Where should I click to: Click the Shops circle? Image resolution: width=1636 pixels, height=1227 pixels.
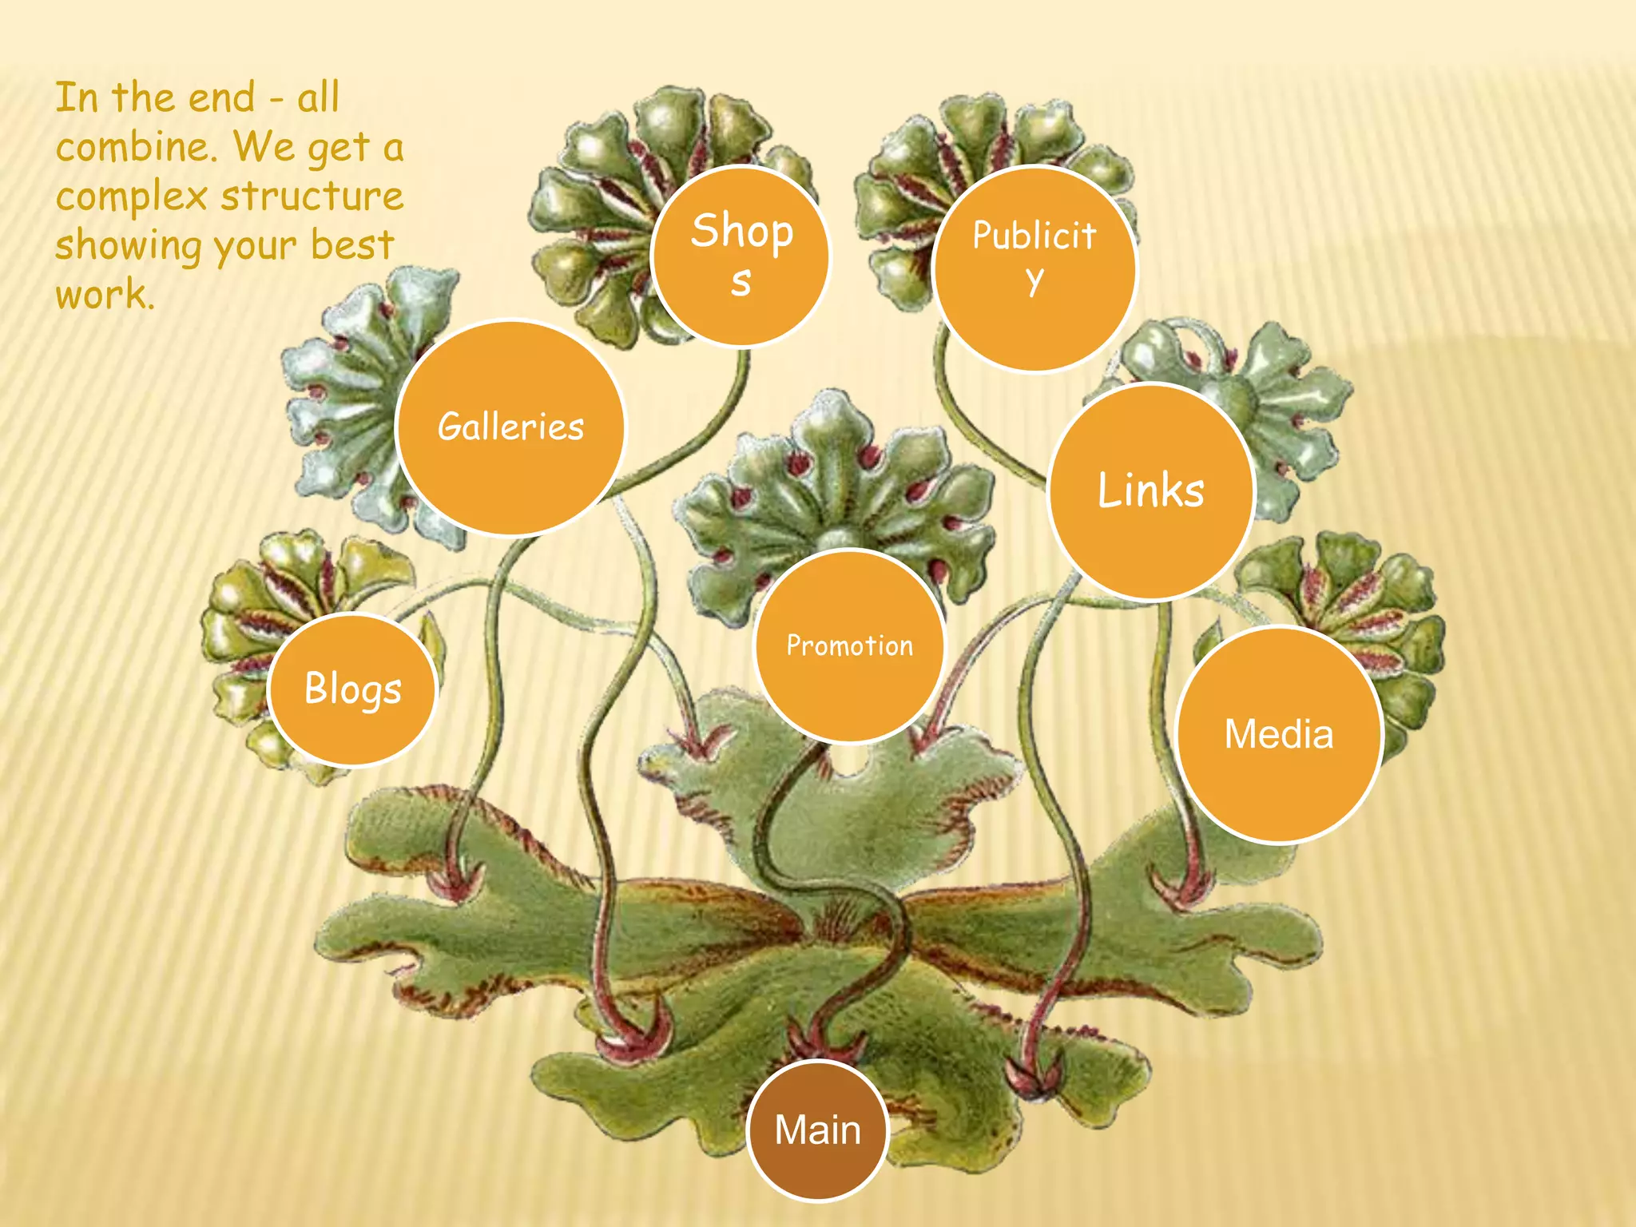pos(741,256)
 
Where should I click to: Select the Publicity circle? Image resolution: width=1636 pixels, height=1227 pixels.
pos(1034,268)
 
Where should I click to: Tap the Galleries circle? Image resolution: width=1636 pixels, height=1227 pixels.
pos(510,427)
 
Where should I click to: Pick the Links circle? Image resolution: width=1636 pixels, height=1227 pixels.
pos(1150,490)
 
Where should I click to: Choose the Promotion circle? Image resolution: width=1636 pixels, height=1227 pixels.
pos(849,645)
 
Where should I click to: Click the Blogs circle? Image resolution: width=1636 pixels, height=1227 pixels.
pos(352,689)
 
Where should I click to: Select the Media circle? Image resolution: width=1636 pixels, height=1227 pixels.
pos(1279,734)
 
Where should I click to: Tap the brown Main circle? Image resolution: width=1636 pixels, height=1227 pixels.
pos(818,1130)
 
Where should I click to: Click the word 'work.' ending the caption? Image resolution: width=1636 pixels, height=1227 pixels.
pos(105,294)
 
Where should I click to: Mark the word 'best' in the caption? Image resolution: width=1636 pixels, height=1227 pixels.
pos(352,244)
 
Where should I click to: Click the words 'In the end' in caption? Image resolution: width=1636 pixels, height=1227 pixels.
pos(155,98)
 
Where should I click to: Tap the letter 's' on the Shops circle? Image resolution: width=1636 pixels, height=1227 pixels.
pos(741,282)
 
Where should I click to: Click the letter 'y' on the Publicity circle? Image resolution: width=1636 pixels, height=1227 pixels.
pos(1034,280)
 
